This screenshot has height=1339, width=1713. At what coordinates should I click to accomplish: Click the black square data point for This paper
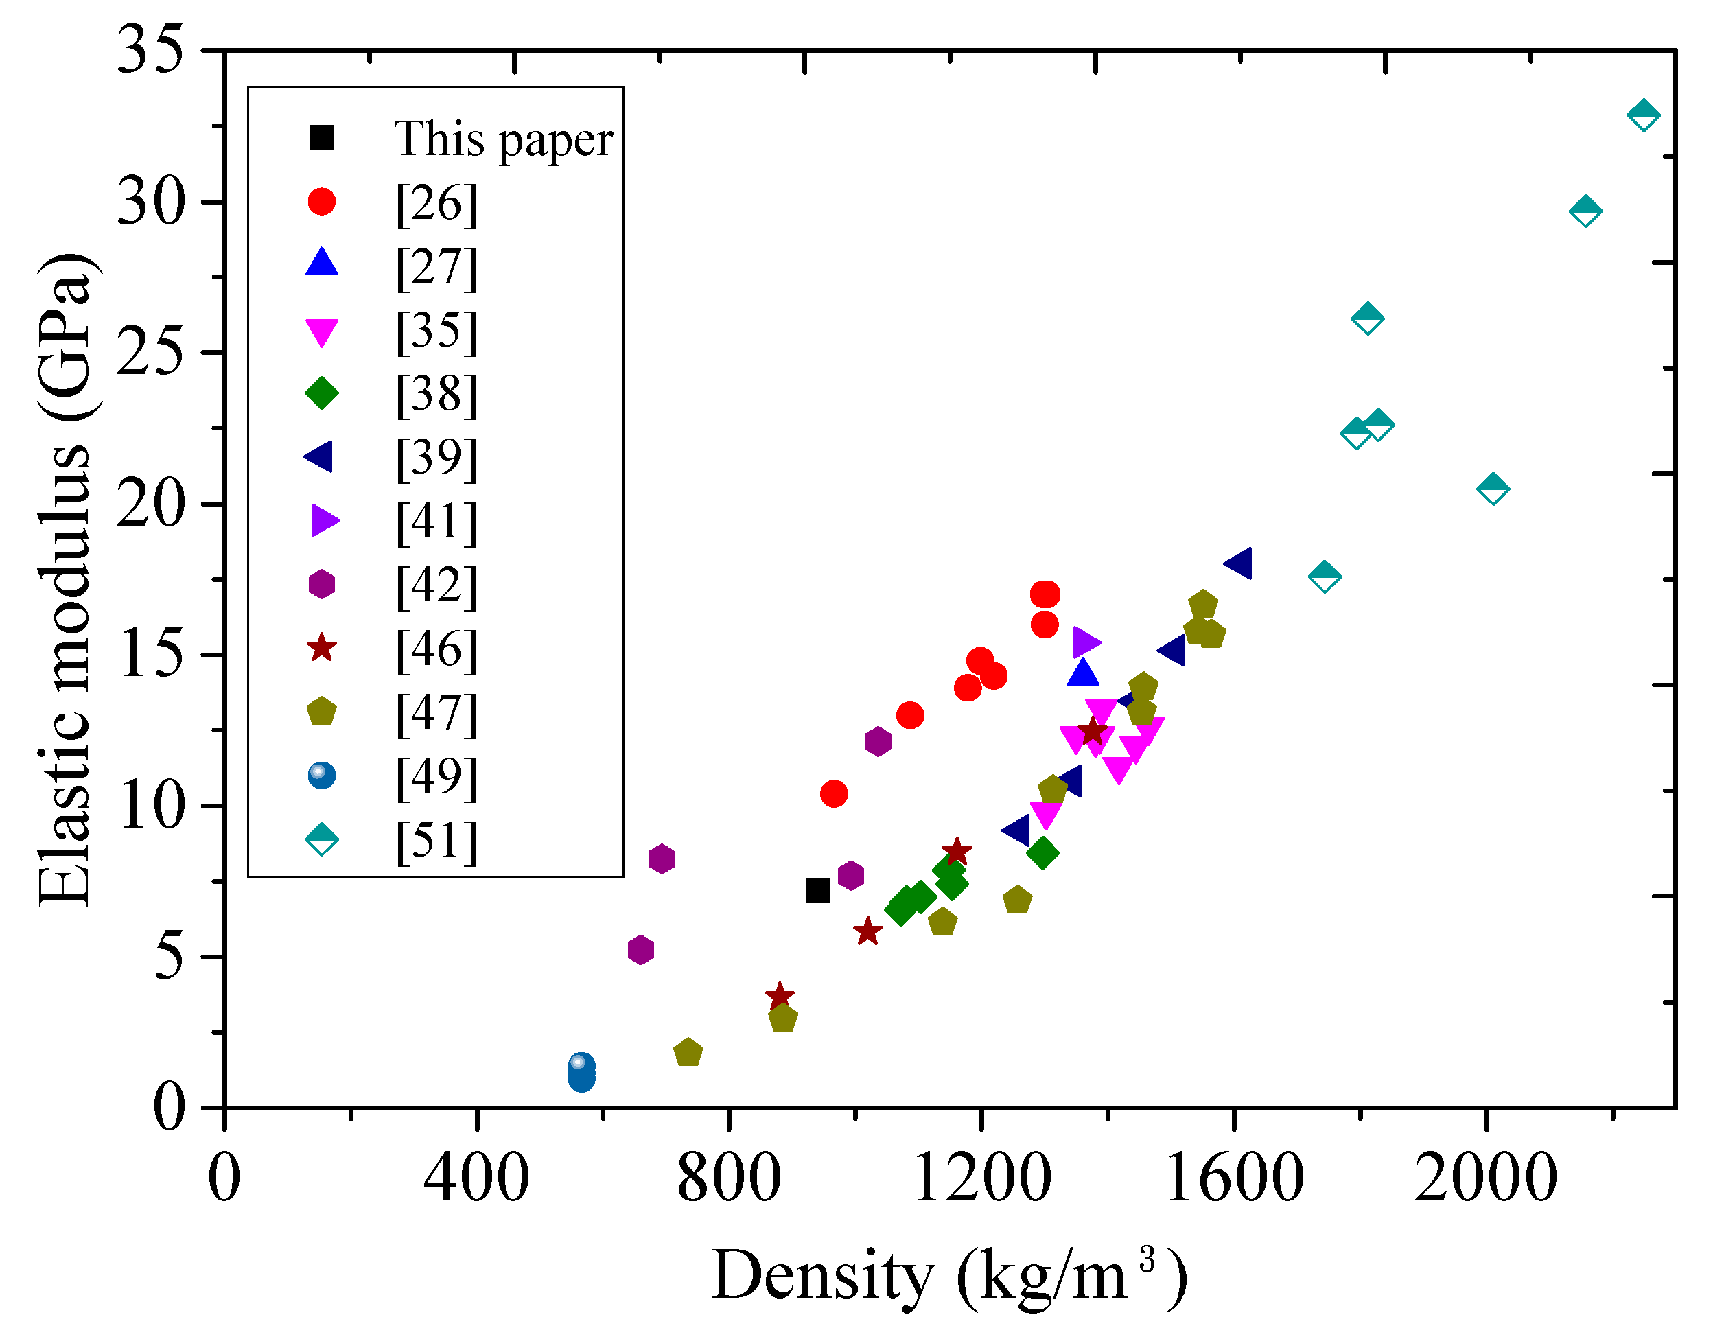tap(817, 890)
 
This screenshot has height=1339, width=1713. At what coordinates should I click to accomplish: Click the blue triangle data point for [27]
tap(1083, 673)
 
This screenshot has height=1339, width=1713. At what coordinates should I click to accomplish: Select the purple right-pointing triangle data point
tap(1086, 642)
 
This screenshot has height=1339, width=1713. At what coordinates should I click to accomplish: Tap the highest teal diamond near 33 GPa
tap(1643, 115)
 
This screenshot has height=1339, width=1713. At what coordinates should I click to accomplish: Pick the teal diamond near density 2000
tap(1493, 489)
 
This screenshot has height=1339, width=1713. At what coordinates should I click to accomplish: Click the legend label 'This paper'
tap(503, 139)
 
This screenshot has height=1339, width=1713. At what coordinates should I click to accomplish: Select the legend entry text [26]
tap(436, 203)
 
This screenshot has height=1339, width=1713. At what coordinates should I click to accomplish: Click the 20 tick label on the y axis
tap(150, 504)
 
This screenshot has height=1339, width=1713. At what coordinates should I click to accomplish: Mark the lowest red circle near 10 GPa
tap(834, 794)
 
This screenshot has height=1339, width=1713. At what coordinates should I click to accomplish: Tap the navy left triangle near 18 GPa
tap(1239, 563)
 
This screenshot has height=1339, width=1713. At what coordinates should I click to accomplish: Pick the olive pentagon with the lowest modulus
tap(688, 1053)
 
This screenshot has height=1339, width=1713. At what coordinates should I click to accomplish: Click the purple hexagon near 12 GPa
tap(878, 741)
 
